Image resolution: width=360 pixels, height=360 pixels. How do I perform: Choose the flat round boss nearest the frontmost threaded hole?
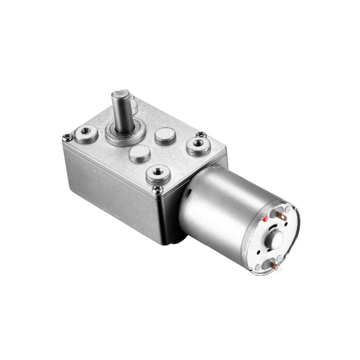tap(139, 154)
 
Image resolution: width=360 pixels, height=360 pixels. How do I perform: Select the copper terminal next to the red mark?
tap(282, 216)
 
